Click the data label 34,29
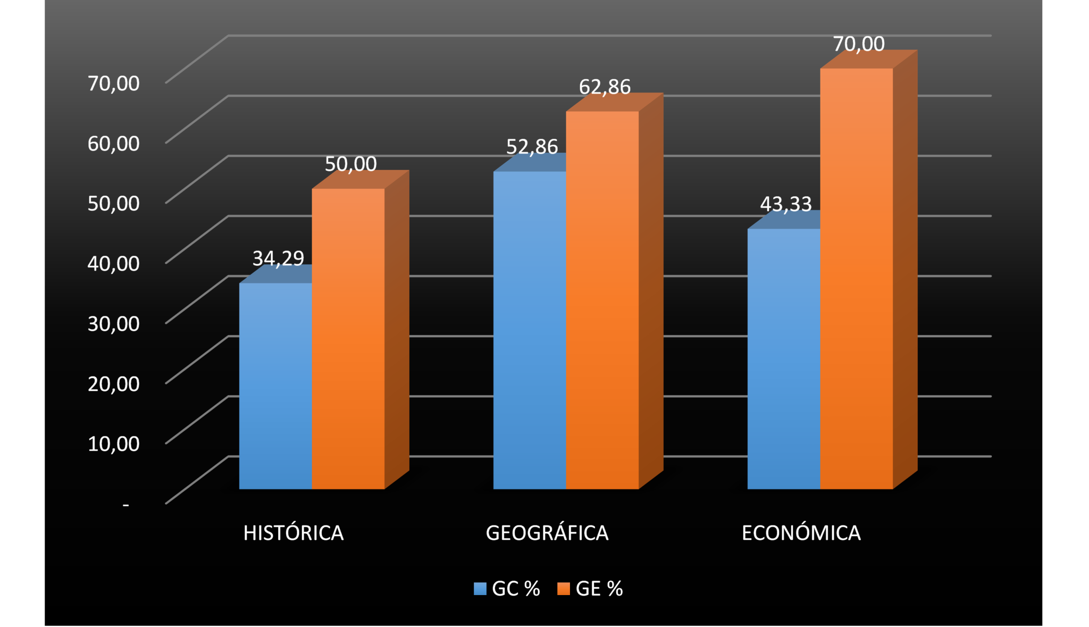tap(278, 258)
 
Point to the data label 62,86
tap(605, 87)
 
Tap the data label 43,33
tap(786, 204)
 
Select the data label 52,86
tap(532, 146)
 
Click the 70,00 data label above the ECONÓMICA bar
tap(859, 44)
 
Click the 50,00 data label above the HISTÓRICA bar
tap(351, 164)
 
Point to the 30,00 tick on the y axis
tap(113, 323)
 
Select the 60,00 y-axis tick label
tap(113, 143)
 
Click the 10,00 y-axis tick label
tap(113, 444)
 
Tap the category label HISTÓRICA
tap(294, 533)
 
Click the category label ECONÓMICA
tap(801, 533)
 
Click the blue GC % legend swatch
tap(480, 589)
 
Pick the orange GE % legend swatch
tap(564, 589)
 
